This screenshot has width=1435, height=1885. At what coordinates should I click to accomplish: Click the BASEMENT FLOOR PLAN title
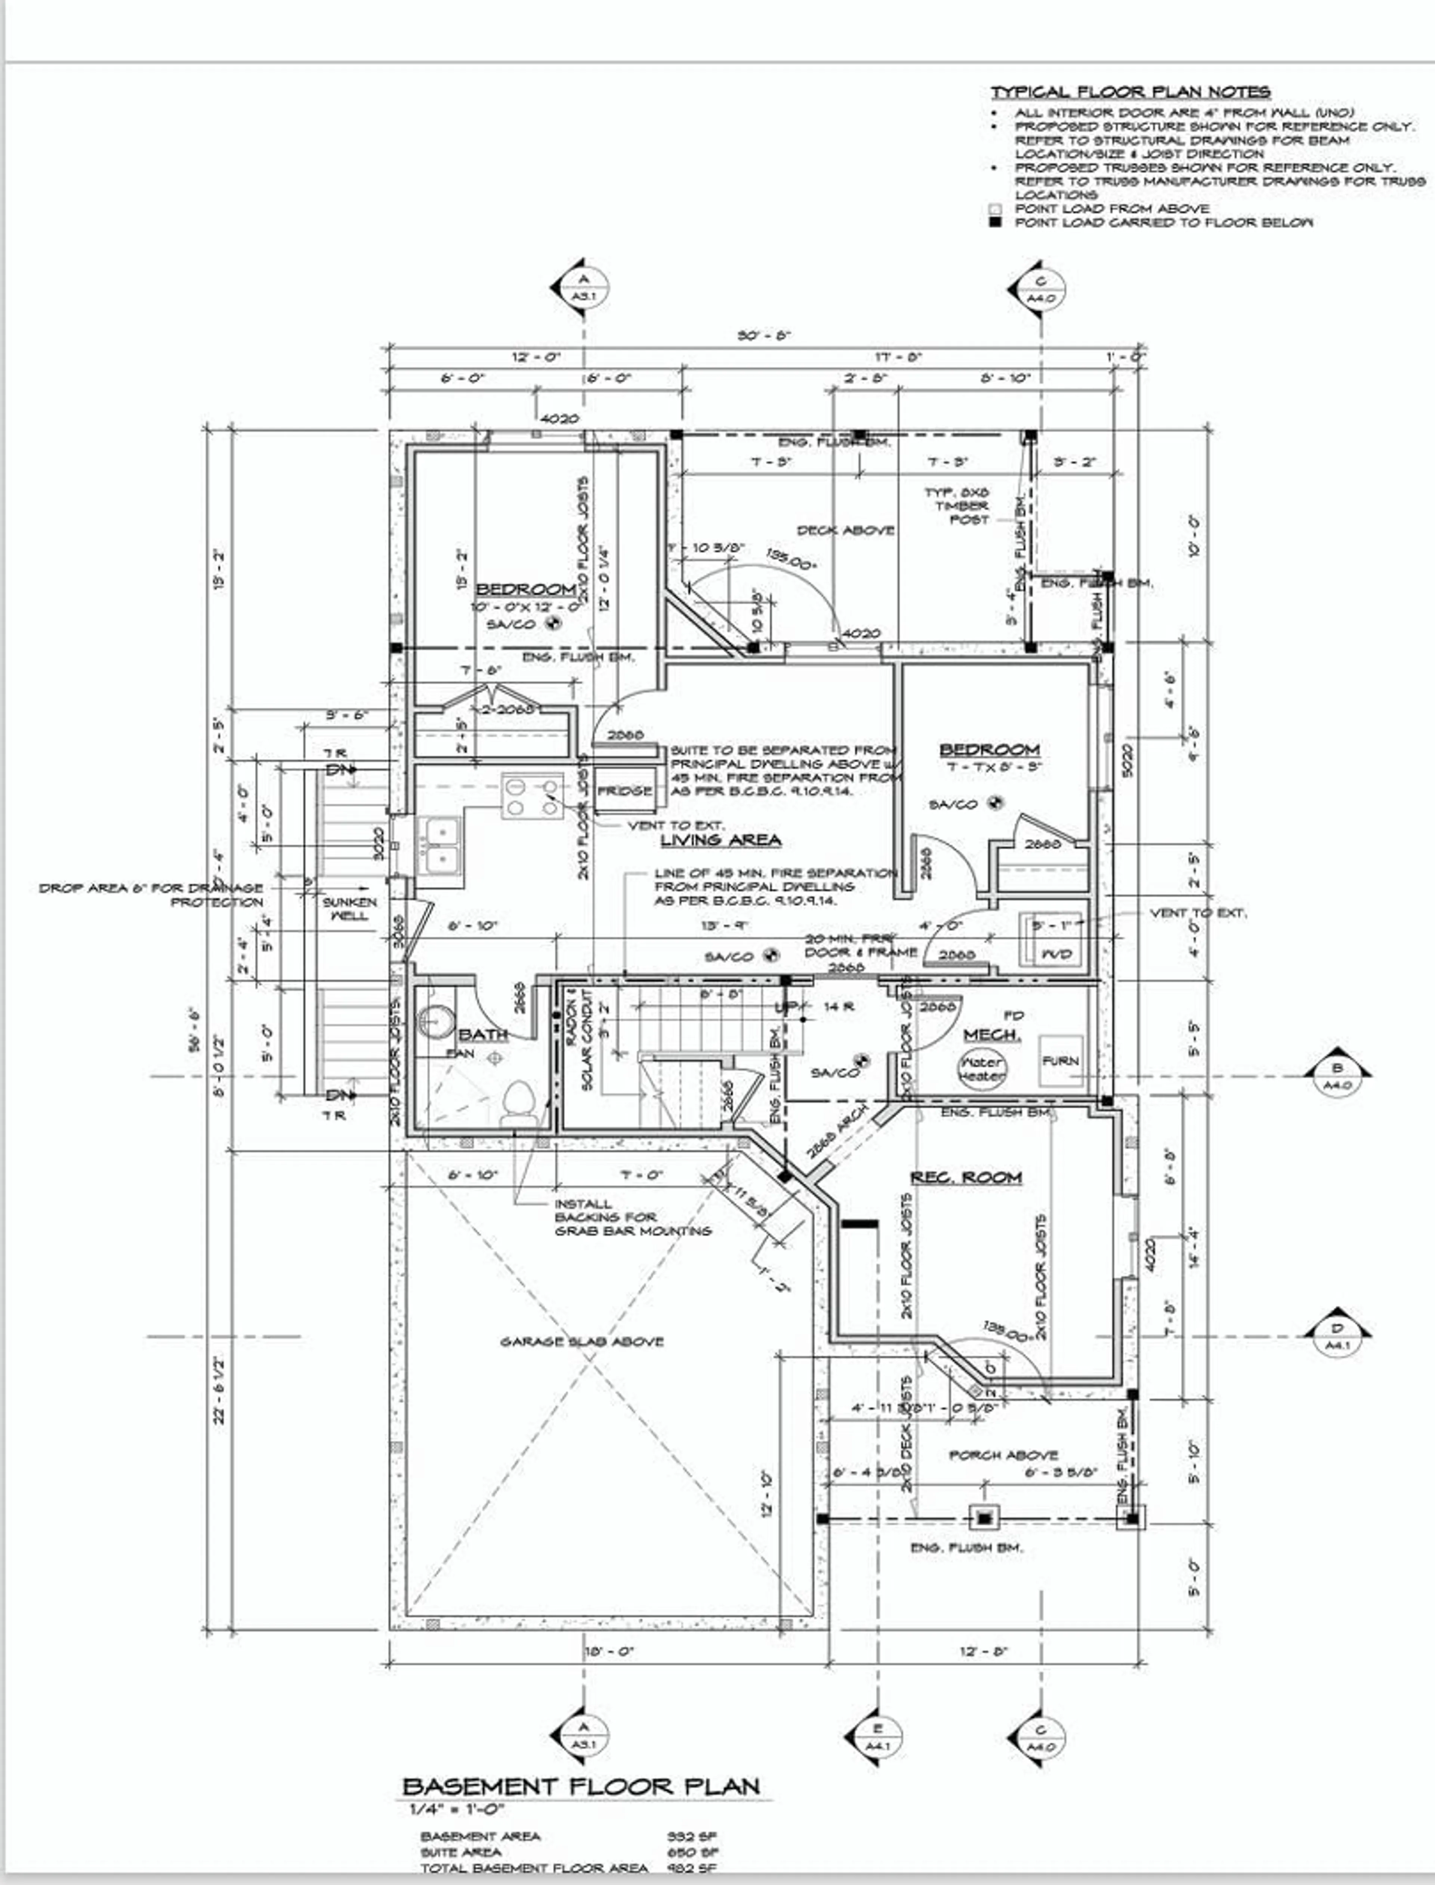[581, 1786]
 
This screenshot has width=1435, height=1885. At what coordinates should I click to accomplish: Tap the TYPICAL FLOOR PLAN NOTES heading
[1130, 92]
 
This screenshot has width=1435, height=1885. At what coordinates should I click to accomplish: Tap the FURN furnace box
[1060, 1061]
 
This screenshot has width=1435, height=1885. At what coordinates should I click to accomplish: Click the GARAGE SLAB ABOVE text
[582, 1342]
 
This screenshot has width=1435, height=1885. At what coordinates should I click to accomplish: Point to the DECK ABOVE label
[845, 531]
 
